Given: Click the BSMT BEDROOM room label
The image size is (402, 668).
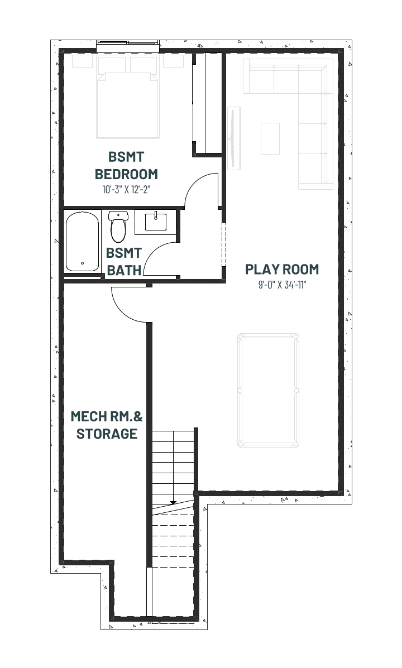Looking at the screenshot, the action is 126,165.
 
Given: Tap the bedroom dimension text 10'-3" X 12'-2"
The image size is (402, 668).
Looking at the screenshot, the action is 127,190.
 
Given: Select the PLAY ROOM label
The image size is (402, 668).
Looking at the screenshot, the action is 282,269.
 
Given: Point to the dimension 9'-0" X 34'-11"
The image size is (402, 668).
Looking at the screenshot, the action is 283,285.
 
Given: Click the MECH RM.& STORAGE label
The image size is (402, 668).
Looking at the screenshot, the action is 107,425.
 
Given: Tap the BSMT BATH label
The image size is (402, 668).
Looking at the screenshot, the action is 123,262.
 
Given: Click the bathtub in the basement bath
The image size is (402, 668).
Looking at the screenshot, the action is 83,242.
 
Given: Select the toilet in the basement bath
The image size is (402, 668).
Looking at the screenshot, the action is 118,226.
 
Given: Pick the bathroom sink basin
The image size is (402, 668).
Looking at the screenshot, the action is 156,222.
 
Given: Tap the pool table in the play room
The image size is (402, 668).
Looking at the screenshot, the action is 268,391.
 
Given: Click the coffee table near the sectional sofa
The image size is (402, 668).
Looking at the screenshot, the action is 270,138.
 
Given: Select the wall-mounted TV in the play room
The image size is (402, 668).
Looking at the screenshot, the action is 233,138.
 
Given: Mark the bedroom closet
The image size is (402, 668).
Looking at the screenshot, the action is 207,104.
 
